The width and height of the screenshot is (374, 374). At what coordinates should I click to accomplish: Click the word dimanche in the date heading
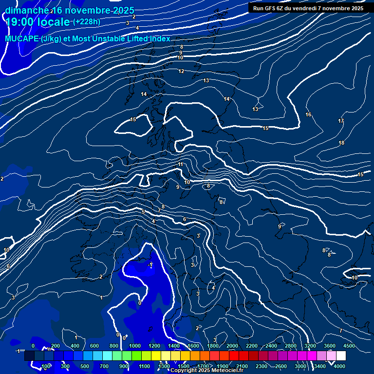pos(27,10)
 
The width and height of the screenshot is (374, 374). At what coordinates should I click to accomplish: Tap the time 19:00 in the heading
pos(21,22)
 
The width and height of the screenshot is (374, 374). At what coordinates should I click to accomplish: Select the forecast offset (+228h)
pos(87,22)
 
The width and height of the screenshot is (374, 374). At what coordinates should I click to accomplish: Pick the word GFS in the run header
pos(270,8)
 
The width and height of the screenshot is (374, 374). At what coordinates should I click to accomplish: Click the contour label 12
pos(181,71)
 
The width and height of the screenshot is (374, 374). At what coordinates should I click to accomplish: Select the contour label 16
pos(308,114)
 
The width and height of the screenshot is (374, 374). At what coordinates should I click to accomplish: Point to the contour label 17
pos(341,121)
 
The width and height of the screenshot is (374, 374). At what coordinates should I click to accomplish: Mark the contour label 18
pos(341,143)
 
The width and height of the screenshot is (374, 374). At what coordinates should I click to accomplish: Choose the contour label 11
pos(180,165)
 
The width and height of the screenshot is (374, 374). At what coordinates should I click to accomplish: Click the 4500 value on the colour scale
pos(349,346)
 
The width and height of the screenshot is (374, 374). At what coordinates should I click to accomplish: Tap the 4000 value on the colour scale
pos(339,366)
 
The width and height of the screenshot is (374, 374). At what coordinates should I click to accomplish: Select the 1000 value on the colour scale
pos(134,346)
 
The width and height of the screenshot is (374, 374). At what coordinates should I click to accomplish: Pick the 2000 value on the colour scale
pos(232,346)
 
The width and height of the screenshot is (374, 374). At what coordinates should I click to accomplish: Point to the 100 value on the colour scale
pos(46,366)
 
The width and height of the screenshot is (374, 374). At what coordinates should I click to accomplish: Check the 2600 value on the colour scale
pos(281,366)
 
